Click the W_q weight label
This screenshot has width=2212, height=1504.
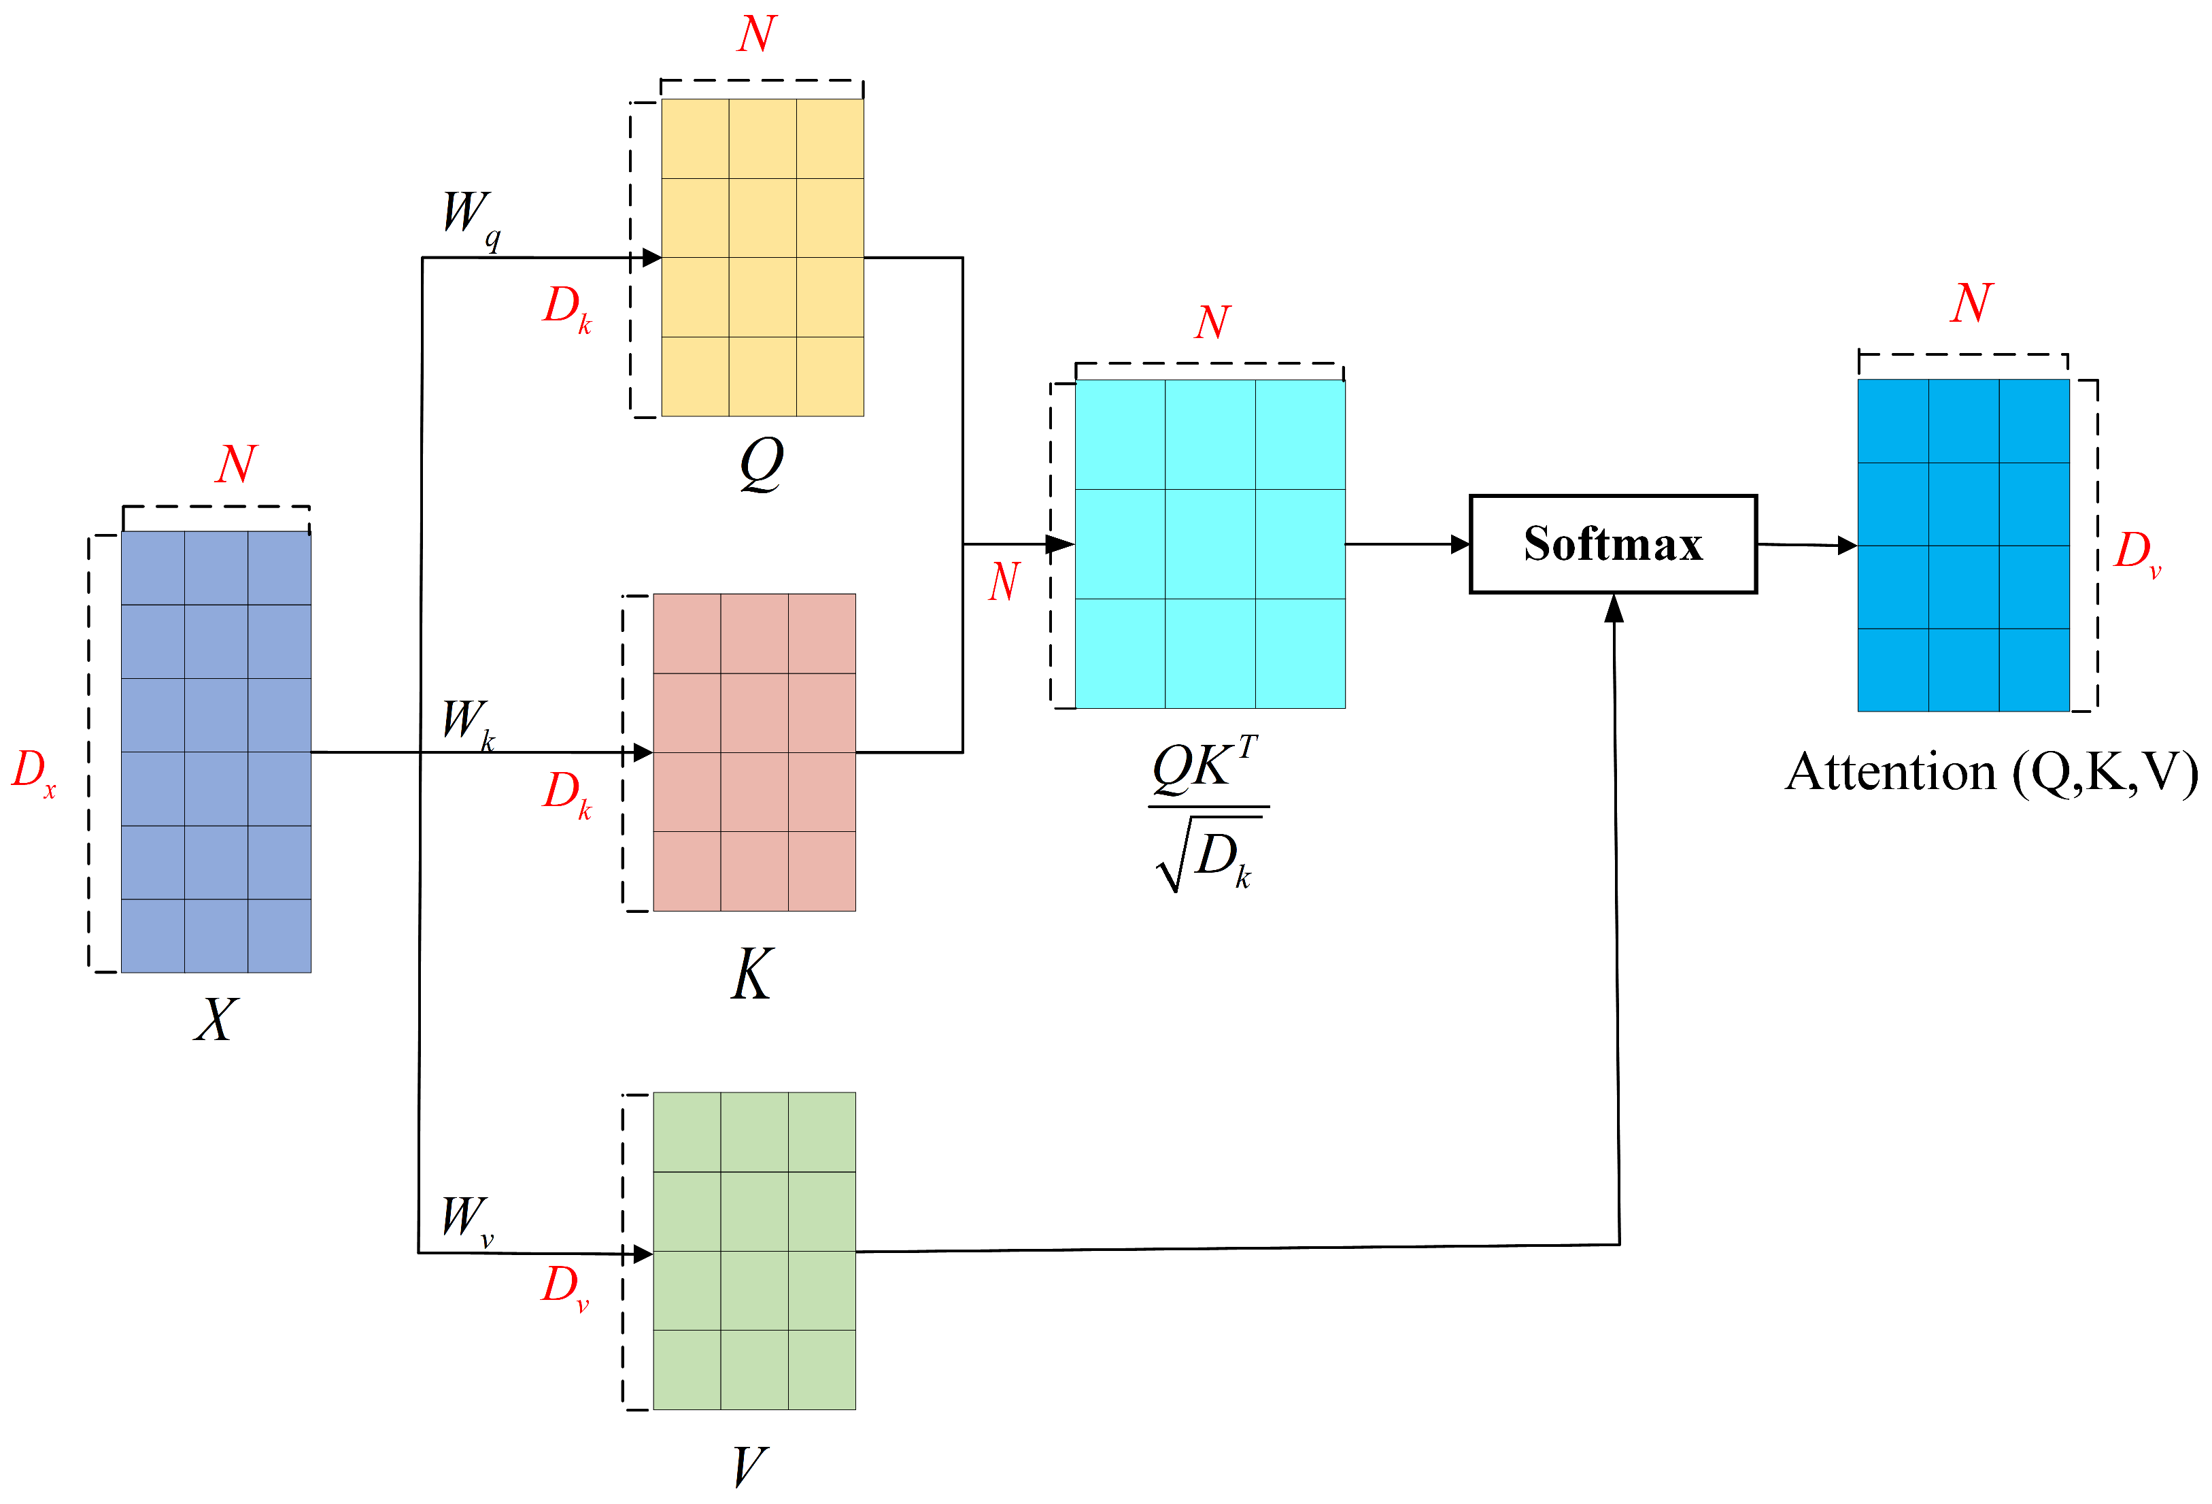[470, 217]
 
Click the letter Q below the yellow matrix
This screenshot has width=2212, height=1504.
[762, 465]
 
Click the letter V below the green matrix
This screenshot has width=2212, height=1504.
[749, 1466]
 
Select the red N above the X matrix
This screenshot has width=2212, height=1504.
[235, 465]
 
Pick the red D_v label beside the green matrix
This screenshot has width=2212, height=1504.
[565, 1287]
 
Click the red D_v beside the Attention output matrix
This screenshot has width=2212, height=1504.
[2137, 552]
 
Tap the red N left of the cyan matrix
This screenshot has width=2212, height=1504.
[1005, 582]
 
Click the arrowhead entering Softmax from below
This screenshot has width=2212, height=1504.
[1614, 609]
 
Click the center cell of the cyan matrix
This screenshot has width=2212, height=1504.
[1210, 544]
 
